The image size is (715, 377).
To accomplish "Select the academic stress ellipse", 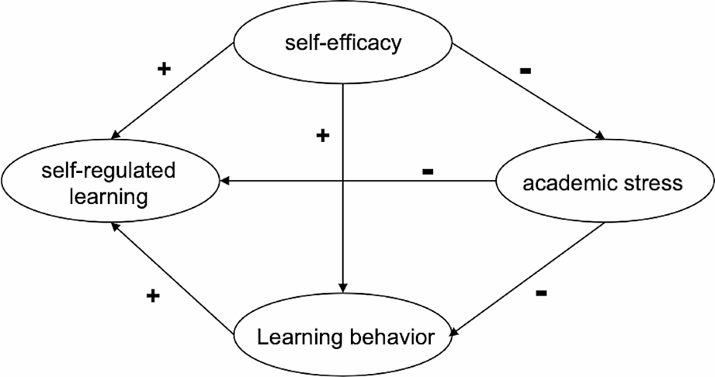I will (x=602, y=183).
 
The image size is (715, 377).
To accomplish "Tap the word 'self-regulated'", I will (x=108, y=171).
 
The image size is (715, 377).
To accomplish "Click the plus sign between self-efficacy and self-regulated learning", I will (x=164, y=69).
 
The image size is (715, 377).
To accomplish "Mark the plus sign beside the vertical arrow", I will (x=322, y=137).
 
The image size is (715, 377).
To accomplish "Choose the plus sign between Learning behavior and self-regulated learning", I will (x=153, y=296).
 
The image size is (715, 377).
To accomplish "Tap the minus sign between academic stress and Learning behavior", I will (x=541, y=293).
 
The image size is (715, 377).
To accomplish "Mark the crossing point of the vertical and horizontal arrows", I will (x=343, y=180).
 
